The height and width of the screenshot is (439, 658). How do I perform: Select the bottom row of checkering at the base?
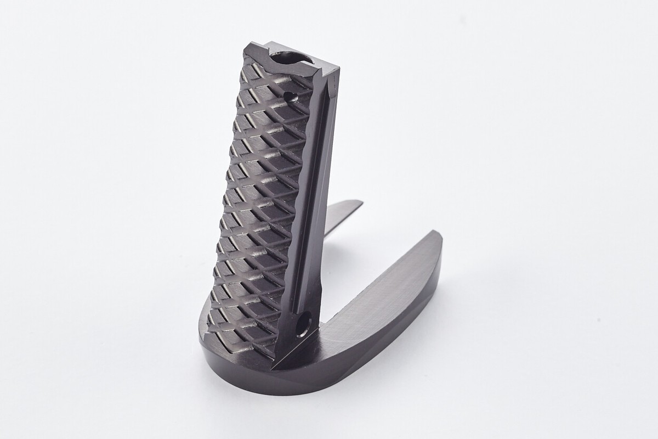click(241, 340)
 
